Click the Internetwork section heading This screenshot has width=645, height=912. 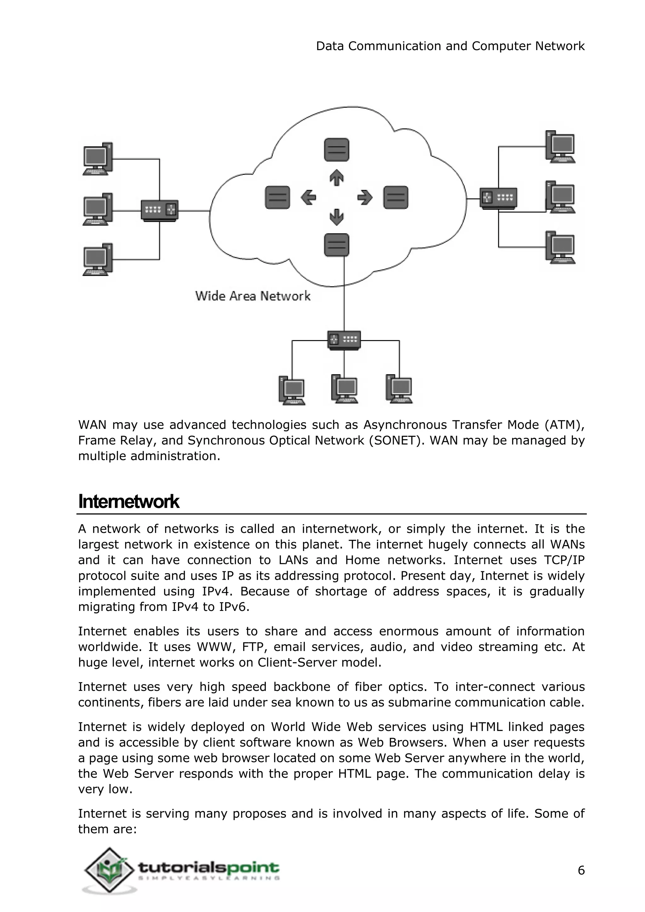coord(129,502)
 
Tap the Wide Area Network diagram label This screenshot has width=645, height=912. coord(253,296)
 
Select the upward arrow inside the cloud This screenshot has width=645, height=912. coord(336,177)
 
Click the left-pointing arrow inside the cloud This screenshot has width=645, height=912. coord(308,197)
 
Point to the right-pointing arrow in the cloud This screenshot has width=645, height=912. coord(365,197)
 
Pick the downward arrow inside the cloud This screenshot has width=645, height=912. coord(336,217)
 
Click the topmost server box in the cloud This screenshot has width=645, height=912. coord(336,150)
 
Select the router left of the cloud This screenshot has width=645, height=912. coord(160,211)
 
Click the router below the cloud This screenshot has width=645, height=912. coord(344,340)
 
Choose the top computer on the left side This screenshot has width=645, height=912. coord(97,159)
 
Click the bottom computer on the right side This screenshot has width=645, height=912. coord(560,248)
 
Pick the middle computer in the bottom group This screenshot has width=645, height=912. coord(344,389)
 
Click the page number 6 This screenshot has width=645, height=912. coord(581,870)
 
